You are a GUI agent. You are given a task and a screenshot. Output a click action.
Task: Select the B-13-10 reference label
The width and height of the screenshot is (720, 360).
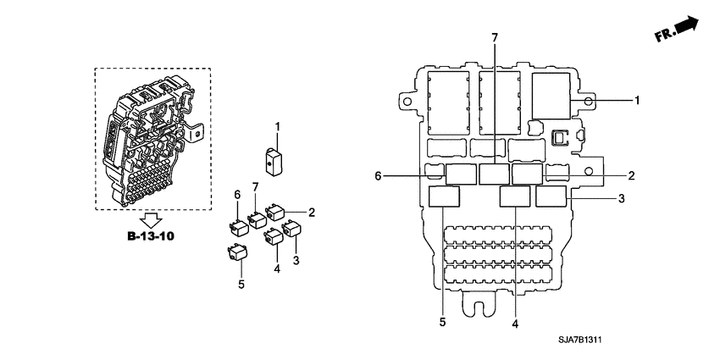pyautogui.click(x=151, y=235)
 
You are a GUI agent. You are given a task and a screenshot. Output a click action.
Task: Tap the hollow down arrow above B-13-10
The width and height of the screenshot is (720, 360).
pyautogui.click(x=151, y=219)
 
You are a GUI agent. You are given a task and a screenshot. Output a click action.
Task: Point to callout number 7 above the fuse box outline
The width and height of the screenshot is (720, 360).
pyautogui.click(x=495, y=37)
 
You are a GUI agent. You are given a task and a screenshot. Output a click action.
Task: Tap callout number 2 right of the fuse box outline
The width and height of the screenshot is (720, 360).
pyautogui.click(x=631, y=175)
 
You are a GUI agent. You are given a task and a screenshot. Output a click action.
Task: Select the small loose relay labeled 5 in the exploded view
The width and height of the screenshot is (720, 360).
pyautogui.click(x=237, y=252)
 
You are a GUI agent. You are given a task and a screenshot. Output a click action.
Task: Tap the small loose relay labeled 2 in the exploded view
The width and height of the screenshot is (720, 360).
pyautogui.click(x=276, y=212)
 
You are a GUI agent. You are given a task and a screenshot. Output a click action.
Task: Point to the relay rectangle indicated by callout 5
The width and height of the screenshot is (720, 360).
pyautogui.click(x=445, y=197)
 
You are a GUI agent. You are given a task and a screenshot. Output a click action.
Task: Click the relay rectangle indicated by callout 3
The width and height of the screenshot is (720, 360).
pyautogui.click(x=551, y=197)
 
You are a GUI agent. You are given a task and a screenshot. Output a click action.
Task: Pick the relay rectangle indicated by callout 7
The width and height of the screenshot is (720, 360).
pyautogui.click(x=493, y=174)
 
